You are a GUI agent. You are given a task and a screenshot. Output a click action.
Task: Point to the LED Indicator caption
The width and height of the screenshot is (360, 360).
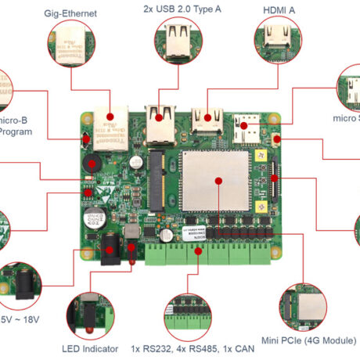[x=90, y=348]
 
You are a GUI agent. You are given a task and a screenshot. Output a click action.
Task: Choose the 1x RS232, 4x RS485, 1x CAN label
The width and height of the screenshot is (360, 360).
[x=190, y=348]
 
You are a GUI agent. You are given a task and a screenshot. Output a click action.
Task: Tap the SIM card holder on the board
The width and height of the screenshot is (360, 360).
[x=250, y=128]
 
